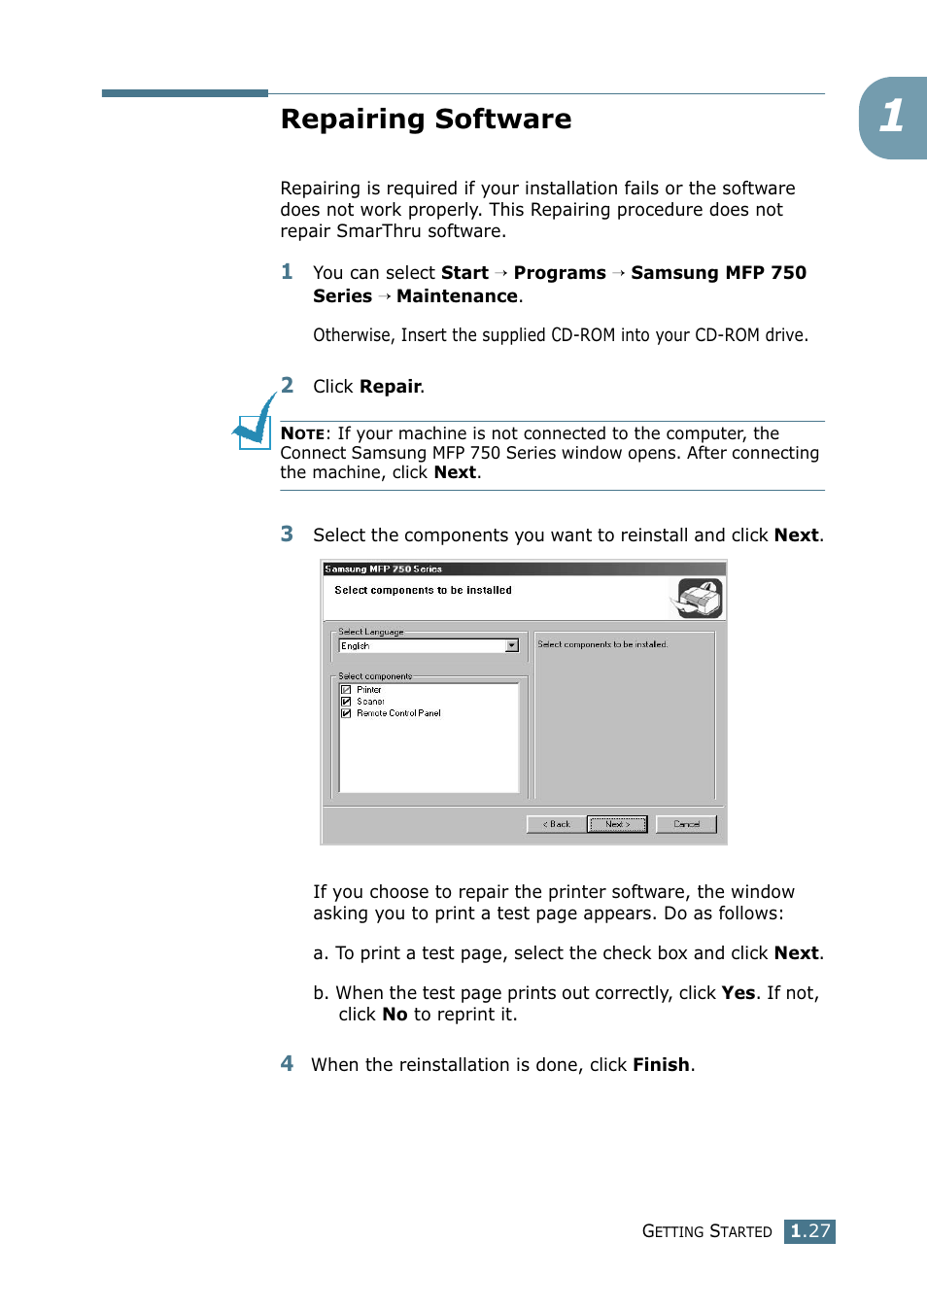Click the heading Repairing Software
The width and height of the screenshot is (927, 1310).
426,120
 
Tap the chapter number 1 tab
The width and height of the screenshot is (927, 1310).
892,118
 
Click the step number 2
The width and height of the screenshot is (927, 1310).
287,385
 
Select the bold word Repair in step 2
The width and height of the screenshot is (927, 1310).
390,387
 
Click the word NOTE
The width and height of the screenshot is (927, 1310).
302,434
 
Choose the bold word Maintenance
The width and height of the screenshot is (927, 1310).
457,296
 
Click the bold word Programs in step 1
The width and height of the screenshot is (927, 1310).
559,273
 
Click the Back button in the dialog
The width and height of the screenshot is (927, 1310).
556,824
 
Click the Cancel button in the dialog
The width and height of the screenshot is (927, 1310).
686,824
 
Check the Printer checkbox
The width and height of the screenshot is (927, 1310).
346,690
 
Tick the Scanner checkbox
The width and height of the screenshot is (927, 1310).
346,702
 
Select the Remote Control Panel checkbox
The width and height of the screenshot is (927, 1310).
346,713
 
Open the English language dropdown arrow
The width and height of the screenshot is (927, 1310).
512,646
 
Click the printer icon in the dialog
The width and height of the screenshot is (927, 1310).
699,598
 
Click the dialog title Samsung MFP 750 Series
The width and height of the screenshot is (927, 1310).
384,569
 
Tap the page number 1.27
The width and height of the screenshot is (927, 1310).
809,1231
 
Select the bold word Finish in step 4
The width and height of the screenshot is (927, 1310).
661,1065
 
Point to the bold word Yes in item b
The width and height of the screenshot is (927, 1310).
738,993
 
